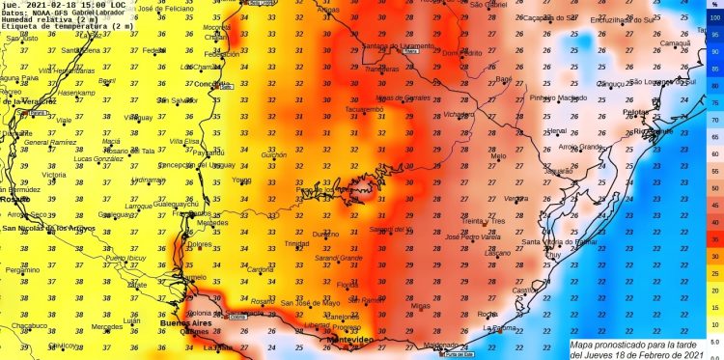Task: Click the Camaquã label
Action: [x=674, y=43]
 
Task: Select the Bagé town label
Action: [x=503, y=78]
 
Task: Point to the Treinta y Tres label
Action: [x=484, y=221]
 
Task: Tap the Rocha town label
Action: [x=489, y=314]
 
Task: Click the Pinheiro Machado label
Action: [x=559, y=97]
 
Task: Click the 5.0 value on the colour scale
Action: [x=715, y=341]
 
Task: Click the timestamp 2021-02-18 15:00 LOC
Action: [x=78, y=5]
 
